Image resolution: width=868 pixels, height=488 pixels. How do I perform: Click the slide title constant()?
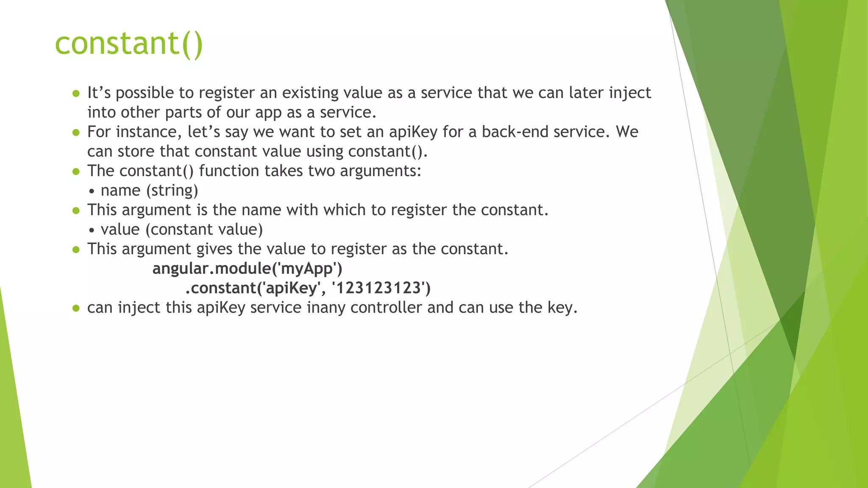129,44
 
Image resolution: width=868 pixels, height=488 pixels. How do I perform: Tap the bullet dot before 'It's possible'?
76,94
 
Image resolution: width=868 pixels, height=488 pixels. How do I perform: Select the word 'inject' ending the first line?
630,93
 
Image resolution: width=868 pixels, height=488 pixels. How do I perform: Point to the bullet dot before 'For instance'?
76,133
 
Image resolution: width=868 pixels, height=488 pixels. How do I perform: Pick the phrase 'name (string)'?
149,191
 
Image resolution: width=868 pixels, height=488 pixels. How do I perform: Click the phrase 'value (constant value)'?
181,230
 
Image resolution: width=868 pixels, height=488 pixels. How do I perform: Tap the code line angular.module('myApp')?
247,269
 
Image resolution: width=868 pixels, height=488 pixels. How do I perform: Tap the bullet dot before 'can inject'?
76,308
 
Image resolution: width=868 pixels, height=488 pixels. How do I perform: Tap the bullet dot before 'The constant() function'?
76,172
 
